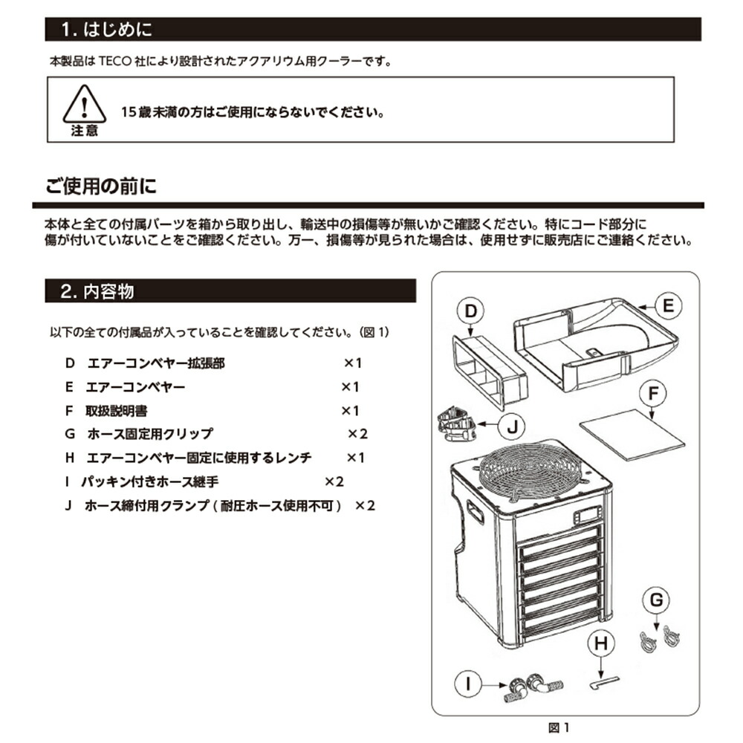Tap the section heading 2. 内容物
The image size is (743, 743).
tap(97, 291)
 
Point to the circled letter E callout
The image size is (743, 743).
tap(668, 305)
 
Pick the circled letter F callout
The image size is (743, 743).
tap(652, 395)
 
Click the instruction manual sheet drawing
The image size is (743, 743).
tap(632, 435)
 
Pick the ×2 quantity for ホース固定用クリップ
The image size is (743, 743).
tap(359, 433)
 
